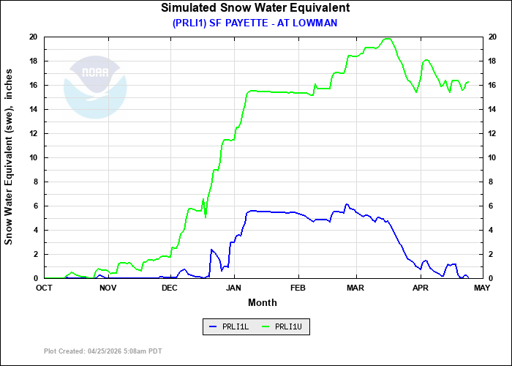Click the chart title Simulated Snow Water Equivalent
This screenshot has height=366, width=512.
click(x=255, y=8)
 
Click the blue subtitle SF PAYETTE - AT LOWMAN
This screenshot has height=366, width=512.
click(x=255, y=23)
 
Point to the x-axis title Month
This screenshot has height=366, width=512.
click(x=262, y=302)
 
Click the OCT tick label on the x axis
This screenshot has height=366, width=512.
click(x=45, y=288)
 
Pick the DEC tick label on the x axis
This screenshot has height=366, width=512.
click(x=170, y=288)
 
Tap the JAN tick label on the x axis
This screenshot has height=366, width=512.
click(x=235, y=288)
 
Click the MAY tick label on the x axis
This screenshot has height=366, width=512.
click(x=481, y=288)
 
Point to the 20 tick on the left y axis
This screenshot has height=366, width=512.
click(x=33, y=37)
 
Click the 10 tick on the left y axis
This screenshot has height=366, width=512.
click(x=33, y=157)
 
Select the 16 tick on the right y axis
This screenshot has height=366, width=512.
click(x=493, y=85)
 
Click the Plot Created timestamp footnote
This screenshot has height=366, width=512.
click(x=102, y=351)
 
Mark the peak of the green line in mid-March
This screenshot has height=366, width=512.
click(x=388, y=39)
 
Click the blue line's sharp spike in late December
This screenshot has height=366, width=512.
click(x=211, y=250)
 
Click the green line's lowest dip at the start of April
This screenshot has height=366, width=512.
click(x=416, y=92)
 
